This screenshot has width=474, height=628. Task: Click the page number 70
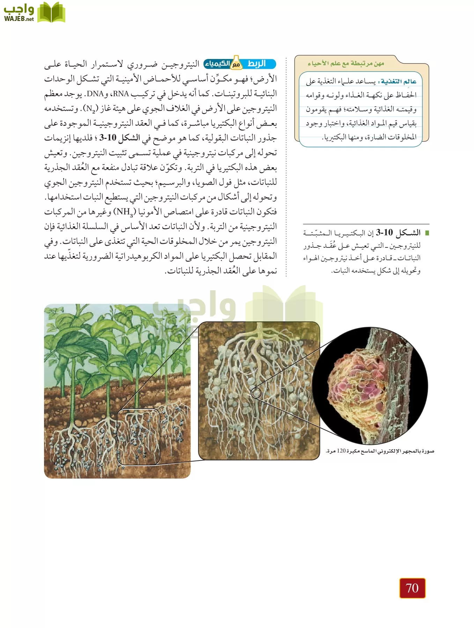tap(412, 588)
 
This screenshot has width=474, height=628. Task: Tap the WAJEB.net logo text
tap(19, 19)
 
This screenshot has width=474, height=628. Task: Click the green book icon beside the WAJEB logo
tap(51, 13)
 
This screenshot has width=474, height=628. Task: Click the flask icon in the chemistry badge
tap(236, 63)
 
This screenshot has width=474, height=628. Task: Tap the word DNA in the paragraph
tap(95, 94)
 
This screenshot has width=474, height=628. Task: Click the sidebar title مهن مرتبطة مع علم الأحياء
tap(346, 63)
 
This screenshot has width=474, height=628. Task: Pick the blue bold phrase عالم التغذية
tap(399, 82)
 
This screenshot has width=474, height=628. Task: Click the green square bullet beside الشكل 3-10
tap(426, 233)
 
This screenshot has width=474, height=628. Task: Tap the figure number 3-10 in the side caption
tap(384, 233)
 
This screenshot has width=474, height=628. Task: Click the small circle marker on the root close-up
tap(257, 393)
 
